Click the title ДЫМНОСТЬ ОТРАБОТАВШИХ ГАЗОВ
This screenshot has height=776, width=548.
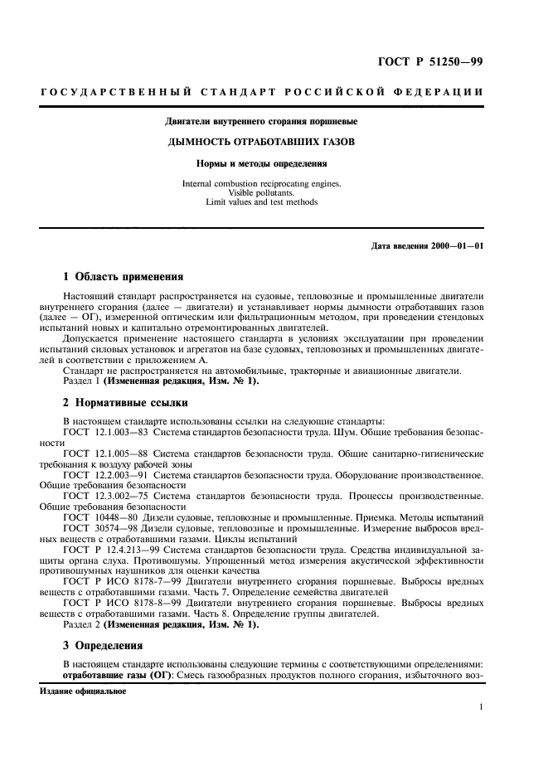point(260,143)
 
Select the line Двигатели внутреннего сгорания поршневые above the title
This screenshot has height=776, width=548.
point(260,122)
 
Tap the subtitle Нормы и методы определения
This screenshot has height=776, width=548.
point(260,163)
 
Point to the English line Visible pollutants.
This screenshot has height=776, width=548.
point(260,192)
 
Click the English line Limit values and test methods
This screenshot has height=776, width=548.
point(260,201)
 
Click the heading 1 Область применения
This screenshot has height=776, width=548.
point(124,276)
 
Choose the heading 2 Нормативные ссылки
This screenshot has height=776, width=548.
point(126,403)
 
